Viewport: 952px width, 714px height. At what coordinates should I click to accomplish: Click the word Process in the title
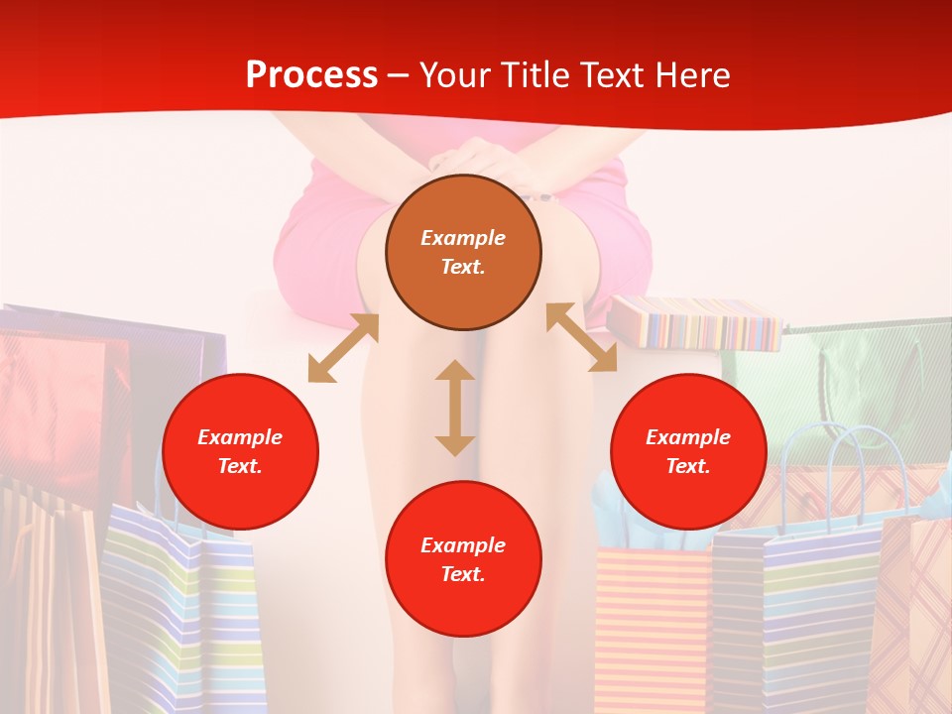pos(311,75)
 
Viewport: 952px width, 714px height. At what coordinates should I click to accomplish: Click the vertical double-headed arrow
pos(455,408)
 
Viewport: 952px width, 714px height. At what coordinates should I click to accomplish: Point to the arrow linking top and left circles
pos(343,348)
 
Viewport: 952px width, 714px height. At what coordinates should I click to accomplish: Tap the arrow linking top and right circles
pos(581,337)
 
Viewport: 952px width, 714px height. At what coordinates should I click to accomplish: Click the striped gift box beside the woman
pos(694,322)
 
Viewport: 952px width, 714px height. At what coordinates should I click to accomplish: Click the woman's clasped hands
pos(486,164)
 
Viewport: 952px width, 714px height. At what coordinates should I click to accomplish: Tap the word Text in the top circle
pos(463,267)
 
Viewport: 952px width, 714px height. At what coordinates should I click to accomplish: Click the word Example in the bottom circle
pos(463,544)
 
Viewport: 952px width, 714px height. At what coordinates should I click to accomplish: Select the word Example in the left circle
pos(240,436)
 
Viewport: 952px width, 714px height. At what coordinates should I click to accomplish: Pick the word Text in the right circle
pos(688,465)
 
